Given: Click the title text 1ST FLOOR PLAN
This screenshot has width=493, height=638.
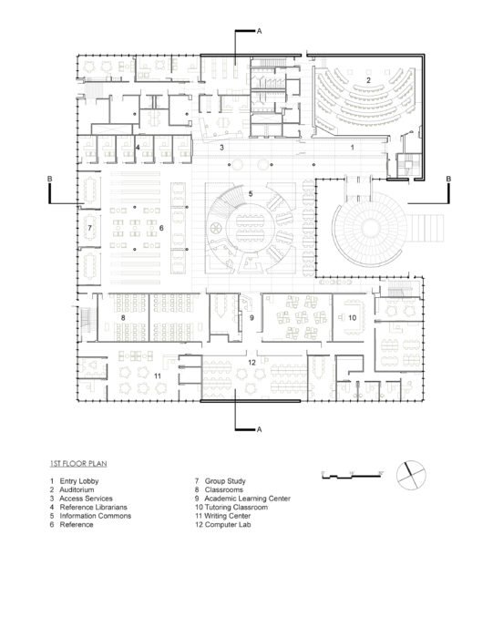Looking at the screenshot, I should click(79, 463).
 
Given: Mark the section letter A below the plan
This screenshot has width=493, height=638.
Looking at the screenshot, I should click(260, 427).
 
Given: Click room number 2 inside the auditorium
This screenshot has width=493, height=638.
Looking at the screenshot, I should click(367, 81).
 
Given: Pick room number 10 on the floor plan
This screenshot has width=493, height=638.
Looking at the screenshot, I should click(352, 317).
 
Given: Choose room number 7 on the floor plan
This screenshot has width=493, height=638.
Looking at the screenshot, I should click(89, 227).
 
